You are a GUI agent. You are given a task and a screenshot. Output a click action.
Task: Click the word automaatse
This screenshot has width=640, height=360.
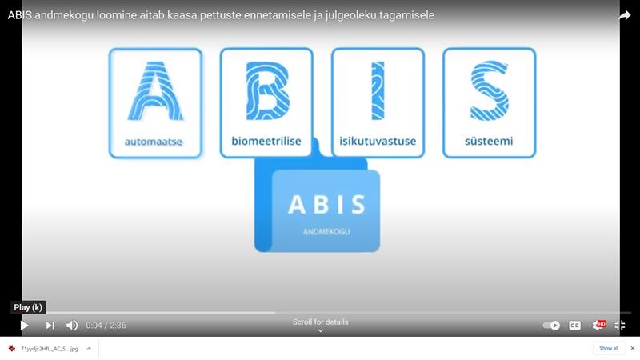[x=155, y=142]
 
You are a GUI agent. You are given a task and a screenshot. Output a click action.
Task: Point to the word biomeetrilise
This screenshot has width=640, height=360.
[x=266, y=142]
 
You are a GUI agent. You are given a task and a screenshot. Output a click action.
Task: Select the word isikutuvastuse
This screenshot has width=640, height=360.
[x=378, y=142]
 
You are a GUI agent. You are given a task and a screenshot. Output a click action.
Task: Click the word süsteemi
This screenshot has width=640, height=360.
[x=489, y=142]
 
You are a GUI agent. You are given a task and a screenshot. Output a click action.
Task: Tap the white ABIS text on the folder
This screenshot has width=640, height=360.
[x=326, y=205]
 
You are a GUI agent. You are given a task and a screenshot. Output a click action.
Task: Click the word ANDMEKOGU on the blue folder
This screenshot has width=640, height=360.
[x=326, y=232]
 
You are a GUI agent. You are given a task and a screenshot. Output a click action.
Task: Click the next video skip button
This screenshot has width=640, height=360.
[x=50, y=326]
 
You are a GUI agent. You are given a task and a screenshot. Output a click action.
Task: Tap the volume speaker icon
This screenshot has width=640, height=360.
[x=72, y=326]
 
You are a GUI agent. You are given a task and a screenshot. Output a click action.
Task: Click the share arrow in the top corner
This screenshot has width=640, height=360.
[x=625, y=15]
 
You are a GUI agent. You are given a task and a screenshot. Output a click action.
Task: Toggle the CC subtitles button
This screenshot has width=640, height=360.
[x=574, y=326]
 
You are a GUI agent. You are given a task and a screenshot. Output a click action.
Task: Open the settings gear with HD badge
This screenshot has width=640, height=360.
[x=597, y=326]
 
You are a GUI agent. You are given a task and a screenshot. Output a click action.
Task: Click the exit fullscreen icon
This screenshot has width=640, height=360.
[x=619, y=326]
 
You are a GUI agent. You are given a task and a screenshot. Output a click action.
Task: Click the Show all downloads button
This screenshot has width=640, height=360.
[x=609, y=348]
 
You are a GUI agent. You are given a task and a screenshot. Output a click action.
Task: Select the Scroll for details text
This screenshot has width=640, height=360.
[x=320, y=322]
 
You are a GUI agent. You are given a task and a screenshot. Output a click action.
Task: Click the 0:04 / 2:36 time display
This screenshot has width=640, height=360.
[x=106, y=326]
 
